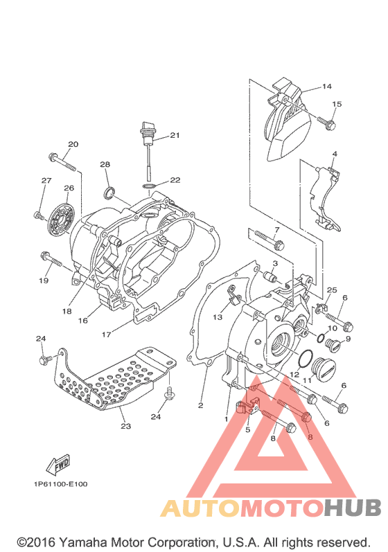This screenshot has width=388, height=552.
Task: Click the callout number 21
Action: pos(175,135)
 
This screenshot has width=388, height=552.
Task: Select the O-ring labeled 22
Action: pos(150,186)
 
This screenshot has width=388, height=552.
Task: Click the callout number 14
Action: pos(326,87)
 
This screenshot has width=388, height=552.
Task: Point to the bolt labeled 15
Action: pos(327,123)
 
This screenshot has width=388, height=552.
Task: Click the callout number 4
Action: pos(335,154)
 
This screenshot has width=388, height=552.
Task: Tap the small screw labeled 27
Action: pos(39,216)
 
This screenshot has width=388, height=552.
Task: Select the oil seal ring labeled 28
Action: pos(109,193)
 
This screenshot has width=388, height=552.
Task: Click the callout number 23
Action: pos(125,426)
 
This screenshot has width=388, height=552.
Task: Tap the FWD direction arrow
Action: pos(58,463)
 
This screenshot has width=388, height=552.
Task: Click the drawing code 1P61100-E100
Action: pos(60,484)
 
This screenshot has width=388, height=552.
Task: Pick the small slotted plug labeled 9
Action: pos(333,345)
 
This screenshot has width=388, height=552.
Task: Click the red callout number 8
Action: pos(310,437)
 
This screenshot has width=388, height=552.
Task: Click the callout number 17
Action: pos(106,335)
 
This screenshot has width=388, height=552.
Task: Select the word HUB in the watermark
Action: pos(353,508)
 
